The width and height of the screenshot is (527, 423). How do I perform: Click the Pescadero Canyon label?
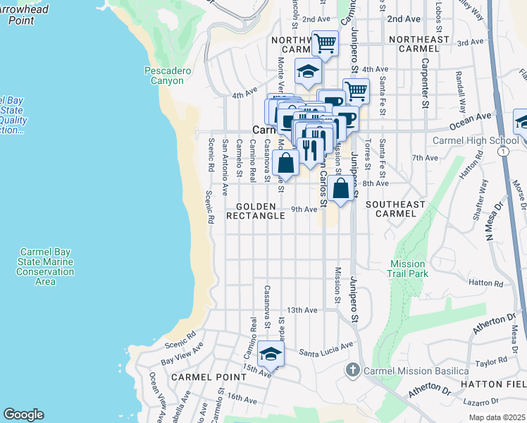pyautogui.click(x=163, y=75)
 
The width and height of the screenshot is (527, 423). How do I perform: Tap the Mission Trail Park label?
pyautogui.click(x=409, y=269)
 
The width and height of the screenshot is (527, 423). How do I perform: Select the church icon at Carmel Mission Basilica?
pyautogui.click(x=353, y=370)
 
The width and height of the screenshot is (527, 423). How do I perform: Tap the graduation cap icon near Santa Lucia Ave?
pyautogui.click(x=270, y=354)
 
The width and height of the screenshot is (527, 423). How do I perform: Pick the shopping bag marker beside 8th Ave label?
pyautogui.click(x=340, y=189)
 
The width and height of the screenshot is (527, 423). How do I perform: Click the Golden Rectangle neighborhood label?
pyautogui.click(x=256, y=211)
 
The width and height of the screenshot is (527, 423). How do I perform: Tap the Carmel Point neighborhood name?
pyautogui.click(x=201, y=377)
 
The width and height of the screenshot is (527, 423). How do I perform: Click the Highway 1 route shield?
pyautogui.click(x=502, y=151)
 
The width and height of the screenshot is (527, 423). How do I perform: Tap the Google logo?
pyautogui.click(x=24, y=415)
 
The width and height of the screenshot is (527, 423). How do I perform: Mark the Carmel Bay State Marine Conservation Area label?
pyautogui.click(x=46, y=266)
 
